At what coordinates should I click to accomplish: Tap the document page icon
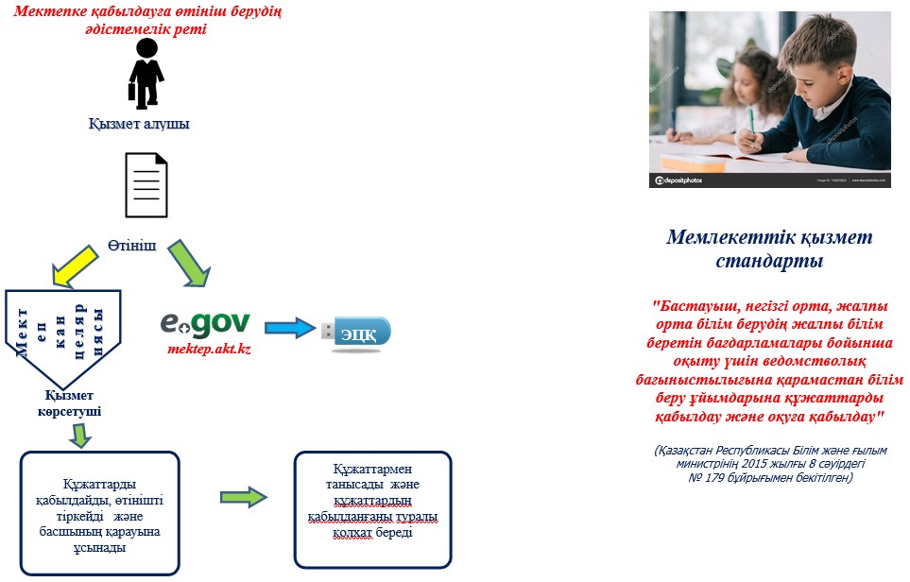(146, 185)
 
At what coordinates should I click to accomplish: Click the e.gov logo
(204, 323)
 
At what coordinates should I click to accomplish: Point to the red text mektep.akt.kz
(208, 349)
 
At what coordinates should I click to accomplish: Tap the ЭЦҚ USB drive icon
(354, 332)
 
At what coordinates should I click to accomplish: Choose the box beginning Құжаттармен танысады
(373, 508)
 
